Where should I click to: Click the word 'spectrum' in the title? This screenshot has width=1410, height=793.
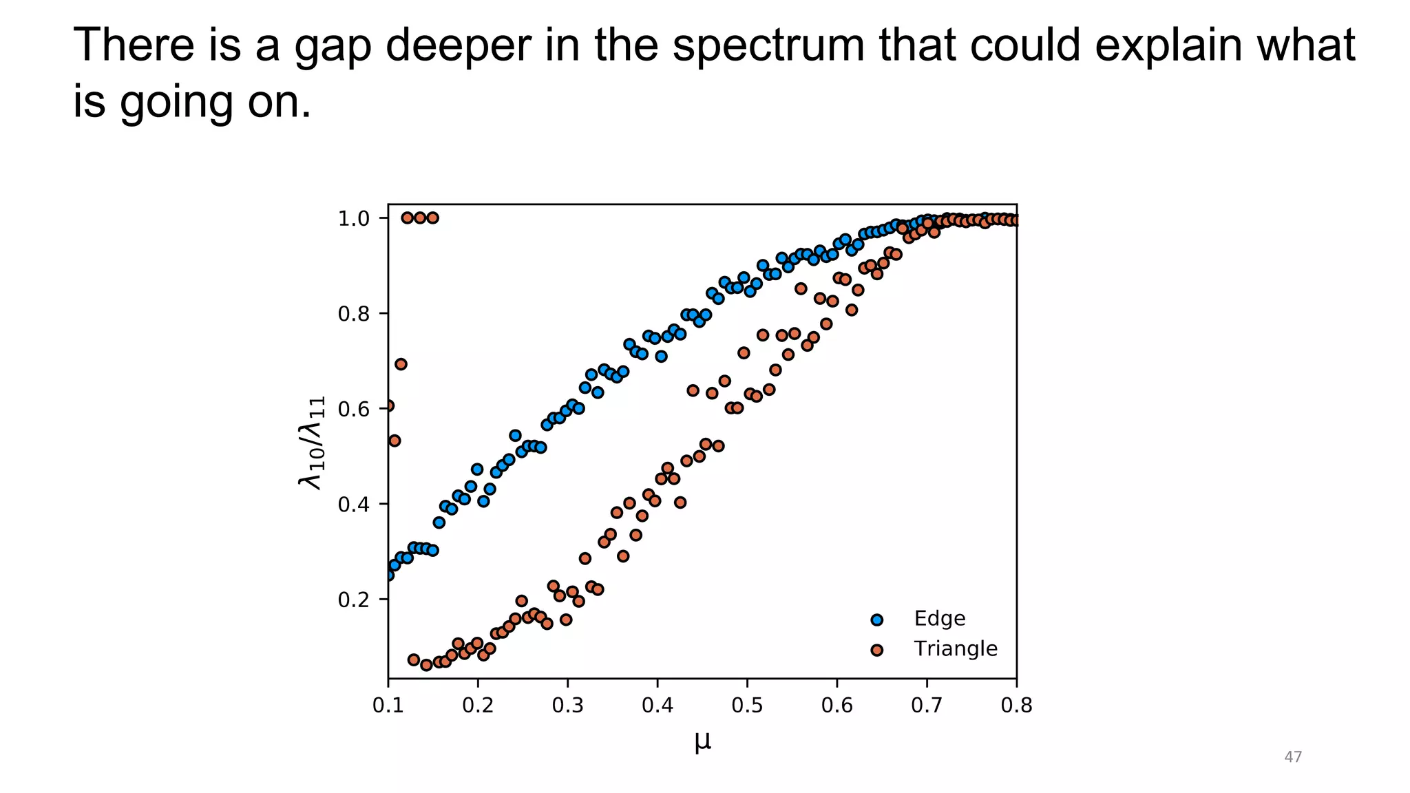[767, 47]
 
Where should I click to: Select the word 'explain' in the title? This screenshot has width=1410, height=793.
[1174, 47]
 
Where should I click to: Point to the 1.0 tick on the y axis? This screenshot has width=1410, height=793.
[354, 219]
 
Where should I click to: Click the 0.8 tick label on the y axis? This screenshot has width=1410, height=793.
[354, 315]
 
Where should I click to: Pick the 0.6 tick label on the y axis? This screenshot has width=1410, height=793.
[354, 410]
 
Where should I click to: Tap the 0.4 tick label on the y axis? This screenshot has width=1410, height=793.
[354, 505]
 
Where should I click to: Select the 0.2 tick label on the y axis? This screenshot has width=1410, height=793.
[354, 600]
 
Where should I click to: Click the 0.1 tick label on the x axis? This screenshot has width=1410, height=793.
[388, 706]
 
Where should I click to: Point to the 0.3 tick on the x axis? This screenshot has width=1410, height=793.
[567, 706]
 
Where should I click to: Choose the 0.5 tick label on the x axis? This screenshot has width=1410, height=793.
[747, 706]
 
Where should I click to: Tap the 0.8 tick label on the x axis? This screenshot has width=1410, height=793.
[1016, 706]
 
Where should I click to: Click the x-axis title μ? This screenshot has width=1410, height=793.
[702, 742]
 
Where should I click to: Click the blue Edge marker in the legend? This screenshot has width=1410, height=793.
[876, 620]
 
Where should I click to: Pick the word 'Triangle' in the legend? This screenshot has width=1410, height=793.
[955, 649]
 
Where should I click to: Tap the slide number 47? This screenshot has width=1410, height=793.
[1293, 757]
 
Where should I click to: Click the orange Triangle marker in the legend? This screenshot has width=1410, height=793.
[876, 650]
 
